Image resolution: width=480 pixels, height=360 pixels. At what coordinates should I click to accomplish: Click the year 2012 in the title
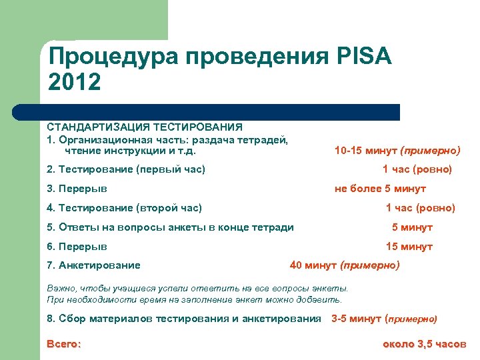click(x=75, y=83)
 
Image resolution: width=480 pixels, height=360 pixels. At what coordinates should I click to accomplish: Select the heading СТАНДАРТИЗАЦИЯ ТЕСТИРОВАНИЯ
click(x=145, y=126)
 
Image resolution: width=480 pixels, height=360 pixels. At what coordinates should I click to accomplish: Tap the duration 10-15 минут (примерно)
click(x=397, y=151)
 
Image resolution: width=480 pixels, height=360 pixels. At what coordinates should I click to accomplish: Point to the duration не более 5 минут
click(x=389, y=189)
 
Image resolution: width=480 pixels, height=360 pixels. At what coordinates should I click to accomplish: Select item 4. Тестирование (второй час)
click(x=125, y=208)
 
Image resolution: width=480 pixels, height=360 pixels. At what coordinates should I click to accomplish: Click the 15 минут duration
click(x=409, y=247)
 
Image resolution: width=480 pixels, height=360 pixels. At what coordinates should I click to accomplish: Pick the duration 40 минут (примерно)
click(x=345, y=265)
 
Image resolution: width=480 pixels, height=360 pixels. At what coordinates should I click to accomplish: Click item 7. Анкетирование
click(x=94, y=265)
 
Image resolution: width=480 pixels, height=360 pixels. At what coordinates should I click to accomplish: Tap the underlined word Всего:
click(x=64, y=344)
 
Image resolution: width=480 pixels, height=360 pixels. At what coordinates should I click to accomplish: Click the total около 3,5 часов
click(x=424, y=344)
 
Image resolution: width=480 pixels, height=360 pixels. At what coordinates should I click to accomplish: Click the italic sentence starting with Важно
click(x=197, y=288)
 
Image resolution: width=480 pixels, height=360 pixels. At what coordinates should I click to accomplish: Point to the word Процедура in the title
click(x=113, y=57)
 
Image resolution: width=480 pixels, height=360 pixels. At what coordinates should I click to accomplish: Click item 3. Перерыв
click(x=77, y=189)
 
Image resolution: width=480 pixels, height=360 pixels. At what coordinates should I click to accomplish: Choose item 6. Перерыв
click(x=77, y=247)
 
